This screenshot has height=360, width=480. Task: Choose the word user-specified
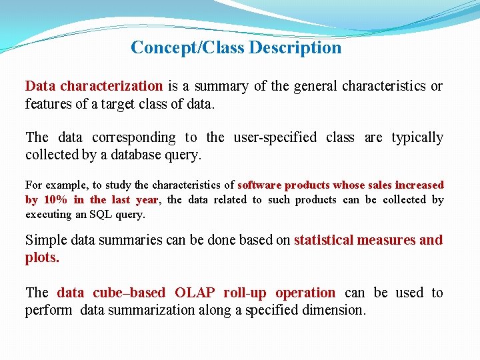(275, 137)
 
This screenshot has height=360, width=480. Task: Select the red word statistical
(323, 240)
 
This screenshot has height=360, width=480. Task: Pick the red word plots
(42, 257)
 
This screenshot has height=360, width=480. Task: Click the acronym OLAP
(196, 293)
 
